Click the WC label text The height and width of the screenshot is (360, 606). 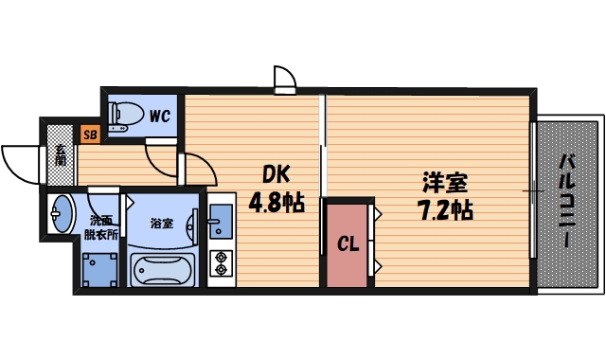159,117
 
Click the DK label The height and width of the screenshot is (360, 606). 276,175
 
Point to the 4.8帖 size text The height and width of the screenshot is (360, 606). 276,202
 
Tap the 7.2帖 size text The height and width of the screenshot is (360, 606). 445,208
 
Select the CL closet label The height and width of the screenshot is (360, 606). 348,244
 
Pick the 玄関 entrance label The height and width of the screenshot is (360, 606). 60,154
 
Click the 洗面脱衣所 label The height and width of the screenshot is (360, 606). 100,227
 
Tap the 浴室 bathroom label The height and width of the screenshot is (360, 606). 162,225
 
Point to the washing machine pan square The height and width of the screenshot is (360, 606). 98,269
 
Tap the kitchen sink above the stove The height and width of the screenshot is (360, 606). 221,223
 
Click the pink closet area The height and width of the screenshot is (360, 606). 348,246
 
